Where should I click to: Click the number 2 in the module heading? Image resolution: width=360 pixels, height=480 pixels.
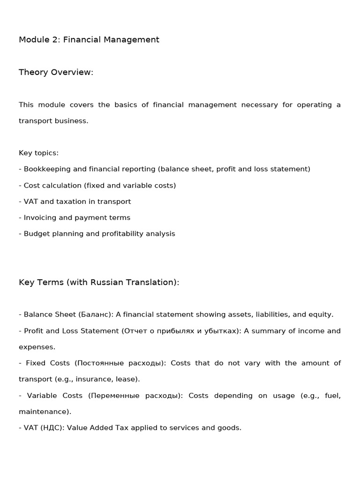click(x=56, y=40)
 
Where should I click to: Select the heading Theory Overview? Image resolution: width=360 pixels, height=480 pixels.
click(x=56, y=72)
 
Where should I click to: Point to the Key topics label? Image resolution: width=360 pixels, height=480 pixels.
click(x=38, y=153)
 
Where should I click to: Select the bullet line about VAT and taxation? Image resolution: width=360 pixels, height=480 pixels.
click(x=75, y=202)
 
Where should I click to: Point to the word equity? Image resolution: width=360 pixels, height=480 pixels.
click(x=320, y=315)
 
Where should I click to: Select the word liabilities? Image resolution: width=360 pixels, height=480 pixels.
click(x=268, y=315)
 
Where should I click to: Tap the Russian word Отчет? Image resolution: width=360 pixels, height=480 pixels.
click(x=135, y=331)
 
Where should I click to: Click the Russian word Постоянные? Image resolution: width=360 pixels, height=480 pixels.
click(x=99, y=363)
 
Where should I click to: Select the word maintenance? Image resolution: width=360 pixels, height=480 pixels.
click(x=44, y=412)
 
